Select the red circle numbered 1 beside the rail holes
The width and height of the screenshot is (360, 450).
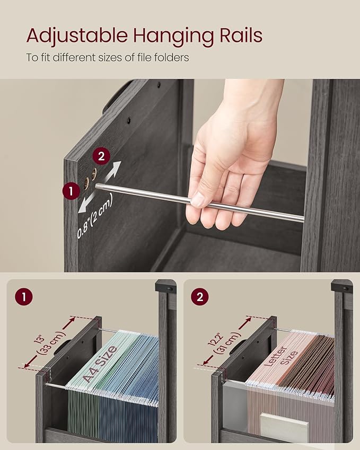(x=70, y=190)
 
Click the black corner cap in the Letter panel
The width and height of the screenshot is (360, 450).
(x=341, y=286)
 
